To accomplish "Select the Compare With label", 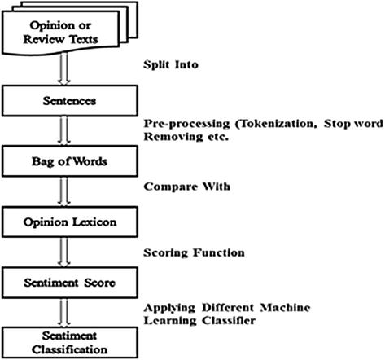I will click(186, 187).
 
